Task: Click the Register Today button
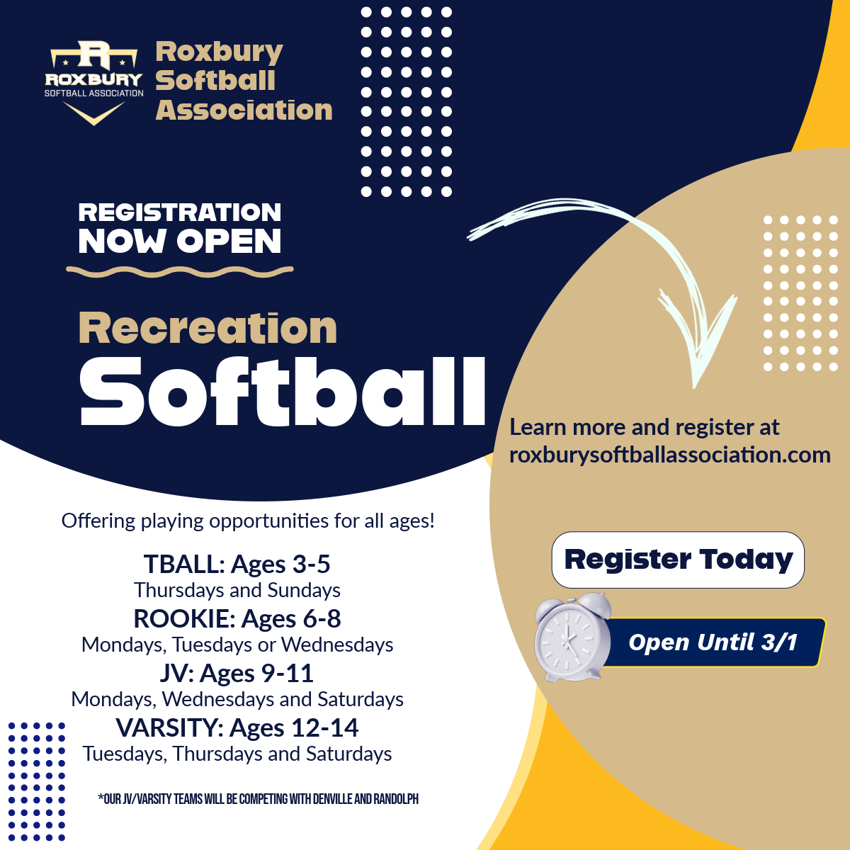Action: [x=678, y=560]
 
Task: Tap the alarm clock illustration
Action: [x=573, y=637]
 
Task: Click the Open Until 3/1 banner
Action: [x=713, y=642]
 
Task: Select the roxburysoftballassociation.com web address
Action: [x=669, y=455]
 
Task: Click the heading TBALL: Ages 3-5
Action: [x=237, y=564]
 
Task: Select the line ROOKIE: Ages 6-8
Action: [x=237, y=618]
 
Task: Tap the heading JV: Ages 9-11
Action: [x=237, y=673]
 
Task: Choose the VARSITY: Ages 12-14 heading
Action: [x=237, y=728]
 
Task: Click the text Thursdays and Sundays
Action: [x=237, y=590]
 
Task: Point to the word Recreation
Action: [x=208, y=328]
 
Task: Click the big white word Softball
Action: [x=283, y=392]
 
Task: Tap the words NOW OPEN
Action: [x=179, y=241]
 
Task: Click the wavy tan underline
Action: [x=179, y=272]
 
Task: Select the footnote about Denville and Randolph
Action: [x=258, y=799]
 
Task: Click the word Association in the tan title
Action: [x=244, y=110]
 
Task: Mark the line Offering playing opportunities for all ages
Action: [x=248, y=521]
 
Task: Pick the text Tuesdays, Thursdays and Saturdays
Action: [x=237, y=754]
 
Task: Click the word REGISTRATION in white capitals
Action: [x=179, y=212]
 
